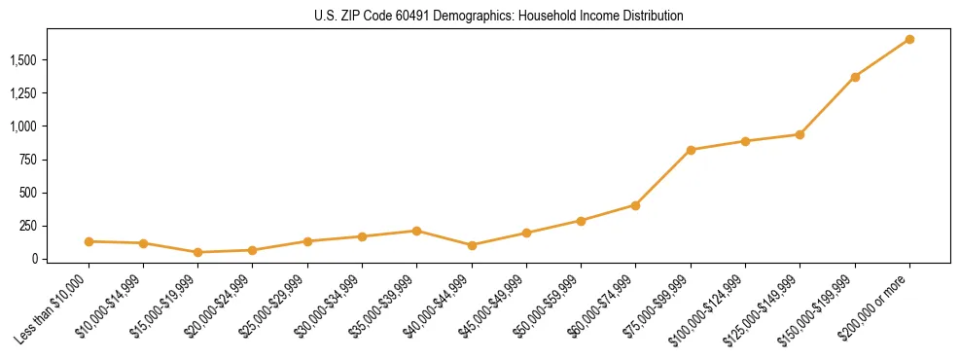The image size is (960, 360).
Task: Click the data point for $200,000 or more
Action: point(909,39)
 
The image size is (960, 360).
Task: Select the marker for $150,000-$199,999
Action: point(855,77)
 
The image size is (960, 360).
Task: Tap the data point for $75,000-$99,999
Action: point(691,150)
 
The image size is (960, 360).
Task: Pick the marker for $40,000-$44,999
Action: point(472,245)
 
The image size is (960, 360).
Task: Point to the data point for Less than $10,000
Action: point(89,241)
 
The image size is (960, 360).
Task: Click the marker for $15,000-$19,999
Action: point(198,252)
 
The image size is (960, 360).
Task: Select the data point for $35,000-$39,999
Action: point(417,231)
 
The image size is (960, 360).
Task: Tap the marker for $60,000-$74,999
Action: point(635,205)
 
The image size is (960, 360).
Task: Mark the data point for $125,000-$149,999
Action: point(800,134)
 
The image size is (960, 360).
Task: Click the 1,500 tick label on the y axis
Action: point(23,60)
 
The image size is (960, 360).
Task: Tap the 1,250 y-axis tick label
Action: point(23,93)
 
